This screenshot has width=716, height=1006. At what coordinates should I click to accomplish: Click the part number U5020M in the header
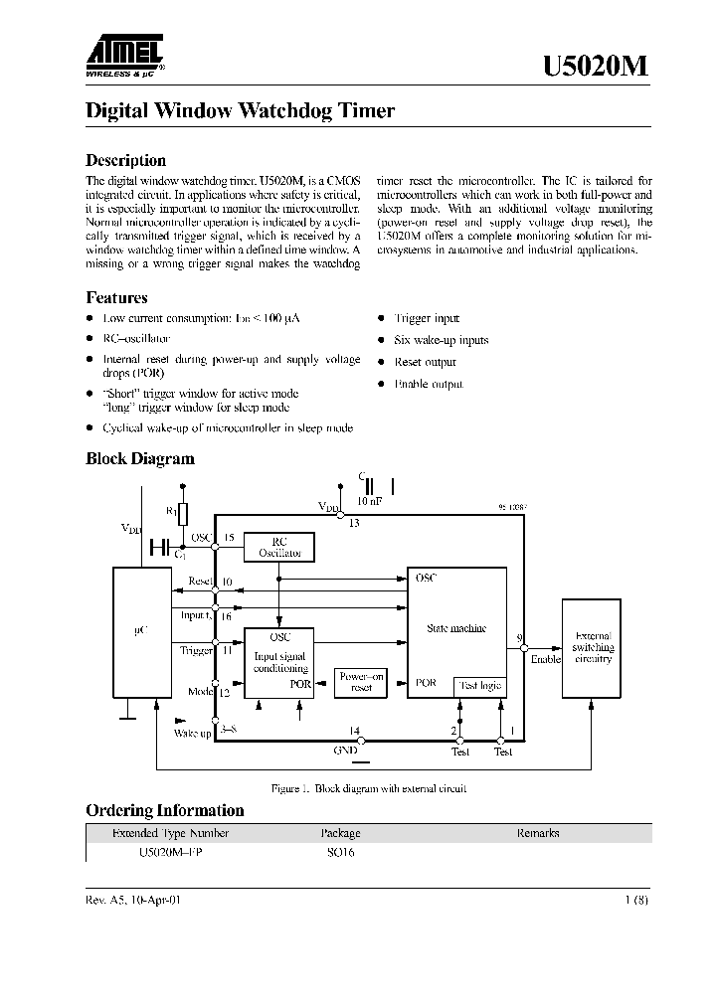[596, 67]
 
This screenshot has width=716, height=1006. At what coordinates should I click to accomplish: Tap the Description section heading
[125, 160]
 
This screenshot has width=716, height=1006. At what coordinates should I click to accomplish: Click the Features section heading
[116, 297]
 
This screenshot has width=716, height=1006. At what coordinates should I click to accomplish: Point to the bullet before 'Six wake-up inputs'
[382, 340]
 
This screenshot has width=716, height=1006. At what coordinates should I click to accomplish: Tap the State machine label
[456, 627]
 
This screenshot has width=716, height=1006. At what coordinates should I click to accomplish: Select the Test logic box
[479, 686]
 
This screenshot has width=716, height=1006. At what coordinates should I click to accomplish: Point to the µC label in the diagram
[141, 629]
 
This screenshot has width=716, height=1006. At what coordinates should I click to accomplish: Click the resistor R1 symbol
[182, 513]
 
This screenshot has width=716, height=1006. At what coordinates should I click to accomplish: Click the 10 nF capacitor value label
[369, 502]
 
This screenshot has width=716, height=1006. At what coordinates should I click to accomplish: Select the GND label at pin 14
[345, 752]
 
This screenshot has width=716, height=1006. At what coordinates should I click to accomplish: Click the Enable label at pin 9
[545, 659]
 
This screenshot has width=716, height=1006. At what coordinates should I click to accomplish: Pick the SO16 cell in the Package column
[341, 852]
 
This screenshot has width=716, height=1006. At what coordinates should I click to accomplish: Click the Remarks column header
[537, 833]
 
